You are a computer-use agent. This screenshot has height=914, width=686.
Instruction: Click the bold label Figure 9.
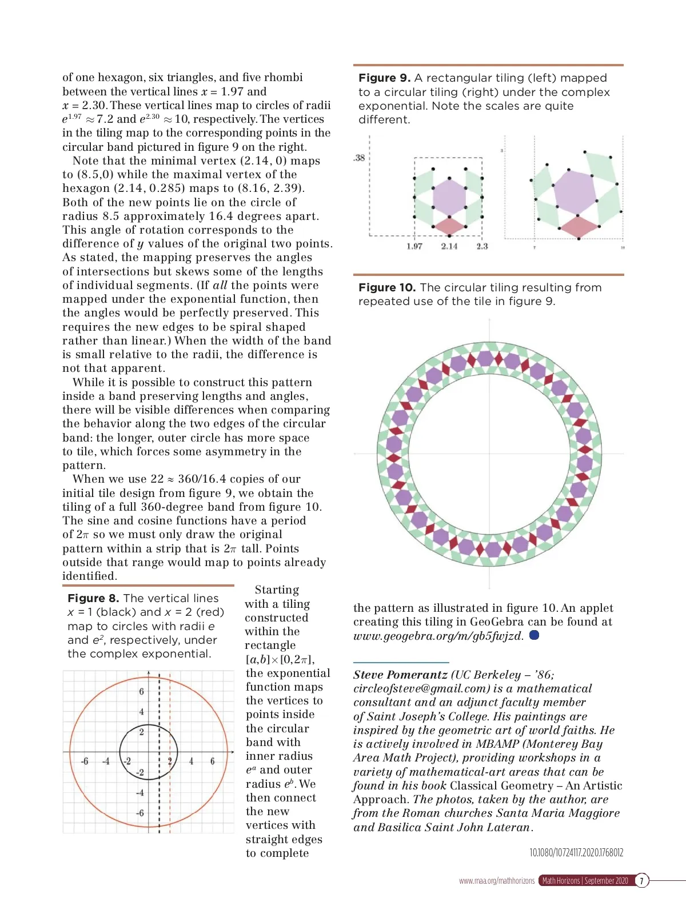coord(384,78)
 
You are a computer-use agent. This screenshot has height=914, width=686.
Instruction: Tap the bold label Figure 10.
coord(386,288)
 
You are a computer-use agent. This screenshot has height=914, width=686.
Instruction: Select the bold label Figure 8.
coord(93,599)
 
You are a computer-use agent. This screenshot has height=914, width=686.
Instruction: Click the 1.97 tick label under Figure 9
coord(414,246)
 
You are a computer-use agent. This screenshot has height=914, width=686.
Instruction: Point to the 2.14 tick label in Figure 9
coord(449,246)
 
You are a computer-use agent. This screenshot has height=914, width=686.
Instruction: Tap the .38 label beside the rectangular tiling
coord(359,158)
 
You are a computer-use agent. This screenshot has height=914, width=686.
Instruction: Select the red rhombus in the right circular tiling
coord(579,227)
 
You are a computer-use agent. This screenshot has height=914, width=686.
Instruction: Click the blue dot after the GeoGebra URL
coord(534,635)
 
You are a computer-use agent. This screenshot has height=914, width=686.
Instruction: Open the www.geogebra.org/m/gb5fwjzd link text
coord(437,636)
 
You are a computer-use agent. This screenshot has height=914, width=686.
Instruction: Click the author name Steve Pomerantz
coord(400,675)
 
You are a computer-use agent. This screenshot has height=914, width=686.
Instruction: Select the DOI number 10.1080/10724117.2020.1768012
coord(576,853)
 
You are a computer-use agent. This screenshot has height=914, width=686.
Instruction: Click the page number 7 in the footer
coord(641,881)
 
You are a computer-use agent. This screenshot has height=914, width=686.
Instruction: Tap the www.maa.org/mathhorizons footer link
coord(496,881)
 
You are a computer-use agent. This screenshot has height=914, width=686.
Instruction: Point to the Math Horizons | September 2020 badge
coord(584,881)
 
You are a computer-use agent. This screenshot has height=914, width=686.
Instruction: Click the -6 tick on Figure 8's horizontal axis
coord(85,761)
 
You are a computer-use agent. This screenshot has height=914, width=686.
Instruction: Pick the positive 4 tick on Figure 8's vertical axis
coord(141,712)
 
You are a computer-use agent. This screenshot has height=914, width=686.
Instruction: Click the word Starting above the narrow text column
coord(277,590)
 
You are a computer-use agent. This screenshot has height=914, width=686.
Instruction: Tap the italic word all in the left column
coord(220,286)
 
